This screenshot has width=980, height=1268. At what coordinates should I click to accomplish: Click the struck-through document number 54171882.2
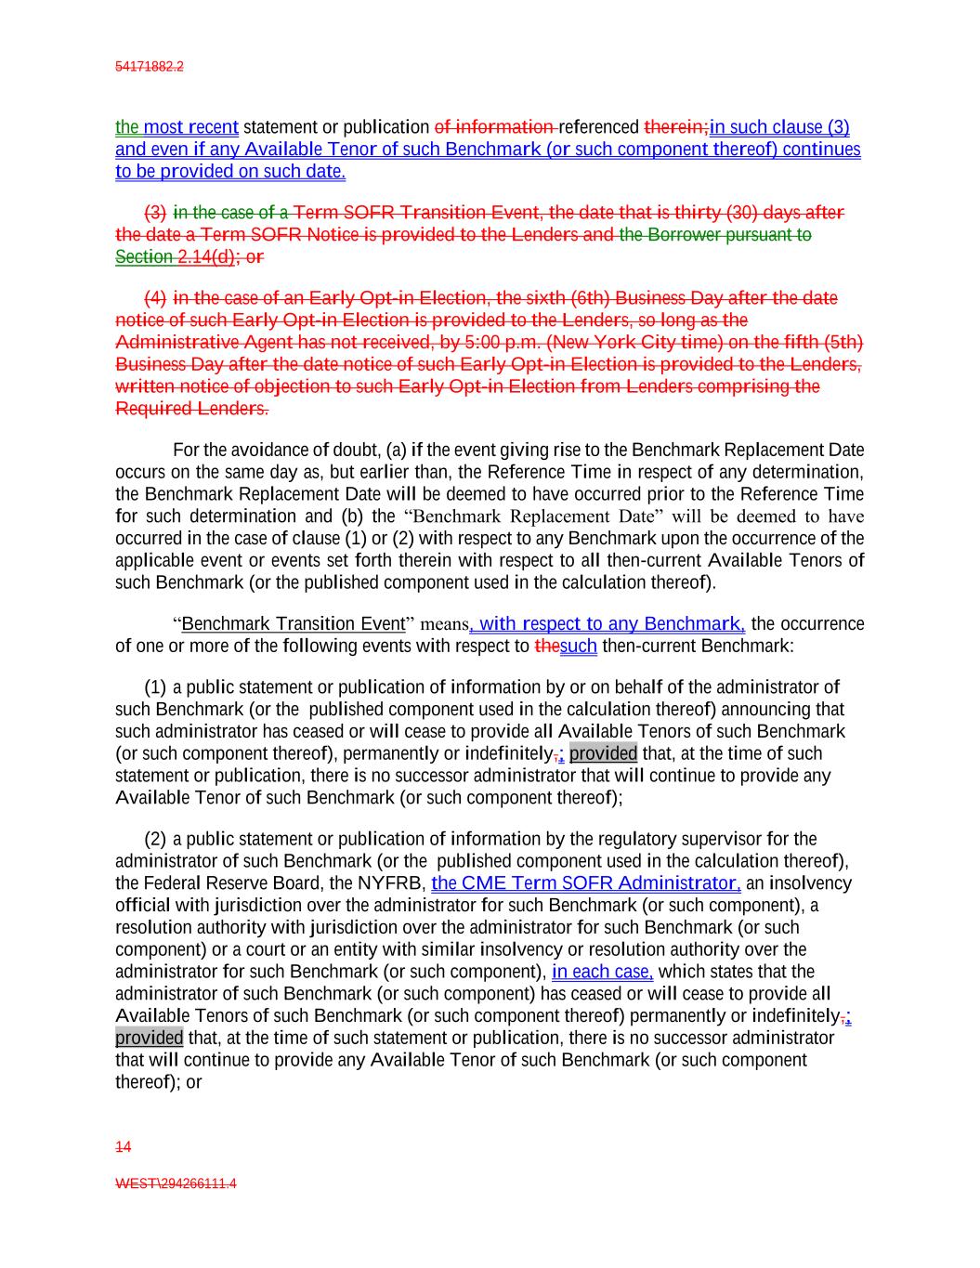point(149,67)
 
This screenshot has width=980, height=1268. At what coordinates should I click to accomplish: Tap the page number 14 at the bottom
point(123,1147)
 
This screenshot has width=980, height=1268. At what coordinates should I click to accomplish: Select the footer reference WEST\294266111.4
point(176,1183)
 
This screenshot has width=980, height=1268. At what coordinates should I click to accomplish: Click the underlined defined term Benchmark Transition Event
point(294,623)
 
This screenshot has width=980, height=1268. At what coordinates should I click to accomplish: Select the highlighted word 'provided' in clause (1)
point(603,753)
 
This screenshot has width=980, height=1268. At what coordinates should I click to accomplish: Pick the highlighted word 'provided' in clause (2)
point(149,1038)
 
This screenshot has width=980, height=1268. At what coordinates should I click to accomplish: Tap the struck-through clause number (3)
point(155,213)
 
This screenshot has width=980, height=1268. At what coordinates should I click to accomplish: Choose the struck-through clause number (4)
point(155,298)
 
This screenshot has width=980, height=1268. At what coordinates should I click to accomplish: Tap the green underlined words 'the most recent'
point(176,127)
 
